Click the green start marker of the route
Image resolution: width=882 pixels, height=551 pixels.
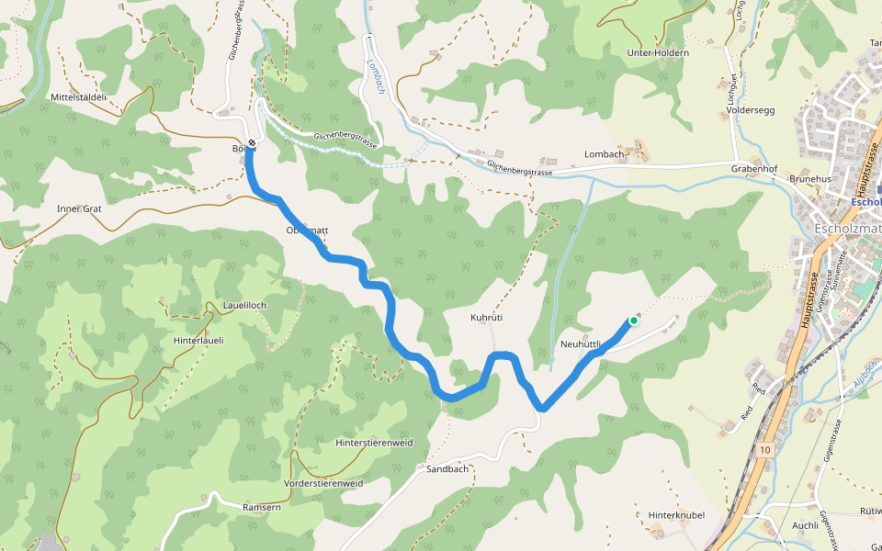point(633,320)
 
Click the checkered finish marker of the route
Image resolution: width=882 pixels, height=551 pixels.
point(250,142)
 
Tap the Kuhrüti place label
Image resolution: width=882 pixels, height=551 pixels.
point(486,318)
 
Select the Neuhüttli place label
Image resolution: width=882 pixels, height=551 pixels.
point(580,344)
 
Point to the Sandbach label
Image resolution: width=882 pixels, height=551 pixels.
point(448,469)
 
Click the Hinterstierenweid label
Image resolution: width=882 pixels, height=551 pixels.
point(374,443)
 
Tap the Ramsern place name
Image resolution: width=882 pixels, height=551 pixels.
point(261,507)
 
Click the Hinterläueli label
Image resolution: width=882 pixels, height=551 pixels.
point(198,340)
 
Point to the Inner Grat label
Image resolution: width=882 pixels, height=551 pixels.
point(79,208)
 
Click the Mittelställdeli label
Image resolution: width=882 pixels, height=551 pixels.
point(79,96)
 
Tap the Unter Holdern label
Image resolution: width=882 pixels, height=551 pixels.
point(657,53)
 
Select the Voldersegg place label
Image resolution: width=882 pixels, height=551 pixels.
point(751,109)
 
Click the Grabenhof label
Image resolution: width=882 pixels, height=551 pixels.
point(754,170)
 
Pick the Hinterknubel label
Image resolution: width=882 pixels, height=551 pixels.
point(676,515)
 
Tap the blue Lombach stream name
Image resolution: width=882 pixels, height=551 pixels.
point(376,77)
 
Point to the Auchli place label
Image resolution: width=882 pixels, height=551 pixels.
point(805,526)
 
